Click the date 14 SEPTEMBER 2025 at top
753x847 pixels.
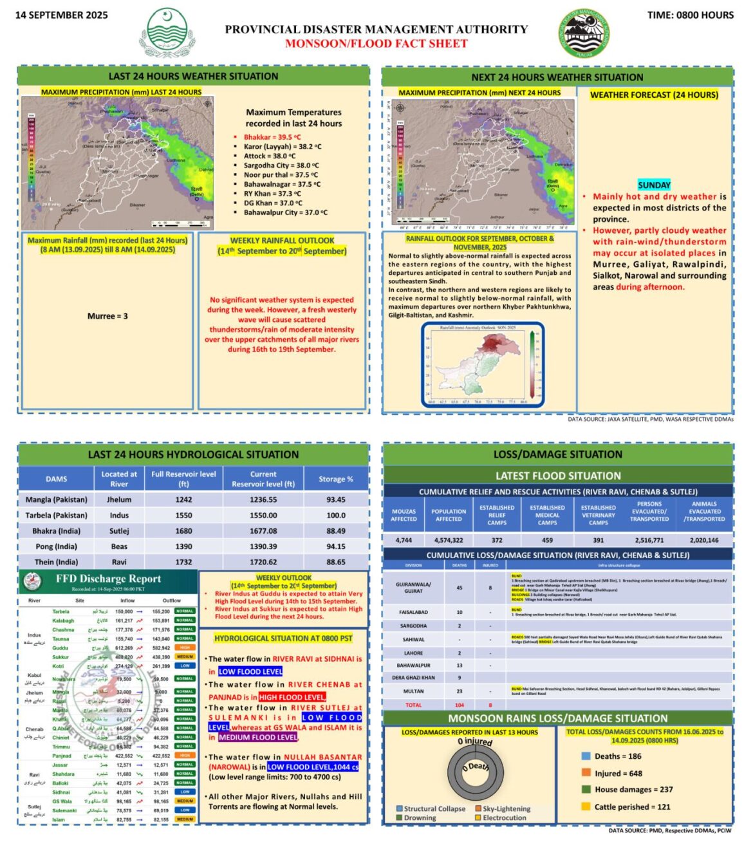[62, 15]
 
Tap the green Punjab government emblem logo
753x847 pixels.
[167, 33]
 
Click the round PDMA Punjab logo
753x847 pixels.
[584, 33]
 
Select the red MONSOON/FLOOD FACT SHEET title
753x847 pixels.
[376, 44]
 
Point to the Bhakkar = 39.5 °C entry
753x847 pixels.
[272, 137]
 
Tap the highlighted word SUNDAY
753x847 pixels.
[654, 185]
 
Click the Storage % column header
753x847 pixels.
[336, 479]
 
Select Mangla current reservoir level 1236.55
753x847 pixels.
[263, 499]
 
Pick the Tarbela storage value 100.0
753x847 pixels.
[336, 516]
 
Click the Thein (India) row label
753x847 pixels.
[57, 562]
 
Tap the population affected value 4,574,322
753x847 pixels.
[449, 540]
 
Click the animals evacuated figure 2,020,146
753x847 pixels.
[704, 540]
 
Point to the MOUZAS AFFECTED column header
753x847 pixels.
[404, 515]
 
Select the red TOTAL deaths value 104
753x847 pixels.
[460, 705]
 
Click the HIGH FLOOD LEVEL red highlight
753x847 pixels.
[292, 697]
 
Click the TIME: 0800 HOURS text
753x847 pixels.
[690, 15]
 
